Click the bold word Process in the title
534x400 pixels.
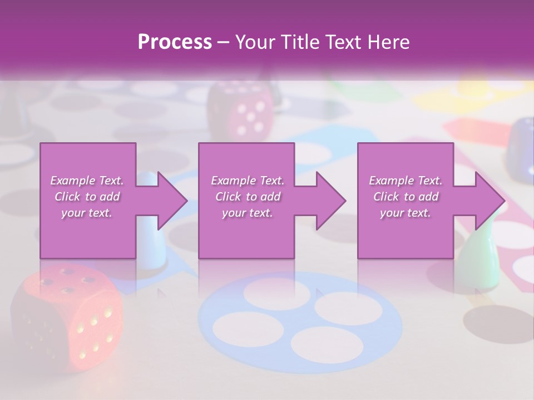coord(175,42)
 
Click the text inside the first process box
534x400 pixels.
coord(87,197)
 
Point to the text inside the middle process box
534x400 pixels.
coord(247,197)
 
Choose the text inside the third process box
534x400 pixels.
coord(405,197)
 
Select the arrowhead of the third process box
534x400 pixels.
coord(489,201)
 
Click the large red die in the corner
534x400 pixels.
coord(67,317)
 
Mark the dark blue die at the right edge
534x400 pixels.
coord(521,147)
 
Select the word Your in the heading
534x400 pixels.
coord(255,42)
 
